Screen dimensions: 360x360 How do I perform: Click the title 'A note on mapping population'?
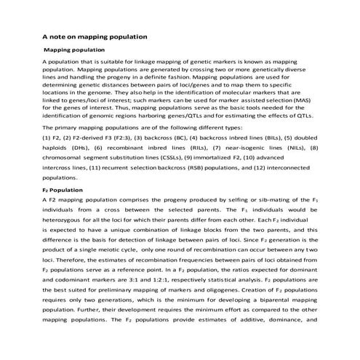click(x=95, y=35)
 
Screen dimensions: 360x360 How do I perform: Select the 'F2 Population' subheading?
click(x=63, y=190)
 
